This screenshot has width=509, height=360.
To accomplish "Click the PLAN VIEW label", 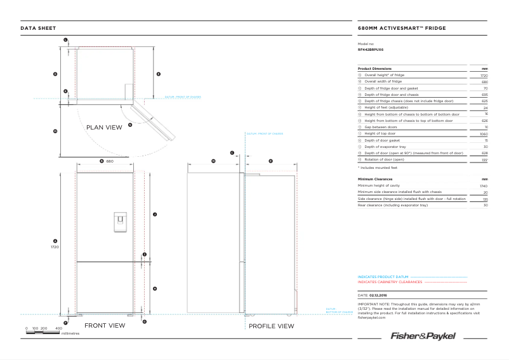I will (x=104, y=128).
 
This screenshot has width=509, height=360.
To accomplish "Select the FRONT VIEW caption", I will (x=105, y=326).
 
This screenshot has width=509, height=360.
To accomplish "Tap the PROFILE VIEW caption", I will (x=271, y=326).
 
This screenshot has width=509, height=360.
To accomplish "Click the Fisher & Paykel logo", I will (x=423, y=335).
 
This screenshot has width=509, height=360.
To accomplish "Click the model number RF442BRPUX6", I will (x=371, y=49).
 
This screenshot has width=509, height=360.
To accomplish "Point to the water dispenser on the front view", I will (x=105, y=221).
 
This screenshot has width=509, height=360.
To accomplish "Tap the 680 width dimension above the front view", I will (x=109, y=161).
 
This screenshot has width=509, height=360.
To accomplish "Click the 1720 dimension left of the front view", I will (x=55, y=246).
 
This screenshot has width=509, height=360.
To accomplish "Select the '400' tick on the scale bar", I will (x=58, y=328).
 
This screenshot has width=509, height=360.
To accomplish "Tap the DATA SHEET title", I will (x=38, y=29).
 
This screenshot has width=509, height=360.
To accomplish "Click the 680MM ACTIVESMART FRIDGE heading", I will (x=402, y=29).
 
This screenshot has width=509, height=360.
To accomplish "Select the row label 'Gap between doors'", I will (x=381, y=128).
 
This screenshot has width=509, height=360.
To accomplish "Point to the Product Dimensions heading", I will (x=374, y=69).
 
